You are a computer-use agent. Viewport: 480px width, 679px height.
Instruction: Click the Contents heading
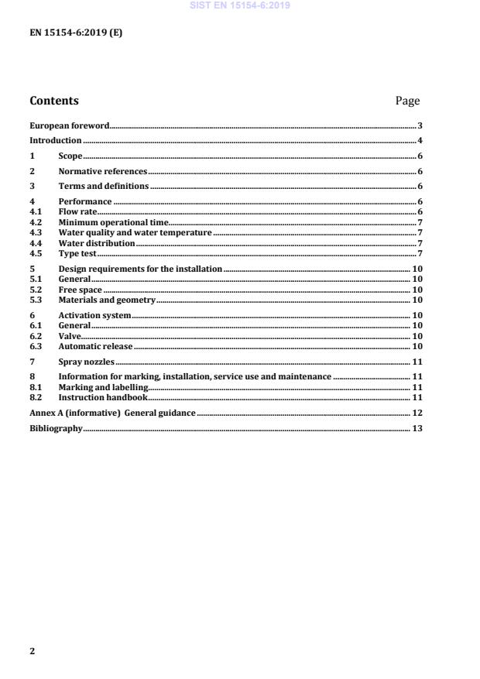coord(54,101)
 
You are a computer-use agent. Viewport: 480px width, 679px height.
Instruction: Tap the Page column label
coord(407,101)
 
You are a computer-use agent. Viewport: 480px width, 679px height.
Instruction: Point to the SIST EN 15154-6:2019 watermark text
coord(240,6)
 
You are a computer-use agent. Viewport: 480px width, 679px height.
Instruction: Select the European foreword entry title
coord(69,125)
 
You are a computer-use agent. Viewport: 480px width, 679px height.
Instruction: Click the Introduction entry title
coord(55,140)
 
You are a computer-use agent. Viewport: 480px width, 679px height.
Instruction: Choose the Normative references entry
coord(102,170)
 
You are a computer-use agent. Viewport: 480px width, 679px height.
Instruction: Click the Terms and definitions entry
coord(103,186)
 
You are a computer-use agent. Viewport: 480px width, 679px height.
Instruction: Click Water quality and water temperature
coord(135,232)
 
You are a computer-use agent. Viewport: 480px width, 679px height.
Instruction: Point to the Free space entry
coord(80,290)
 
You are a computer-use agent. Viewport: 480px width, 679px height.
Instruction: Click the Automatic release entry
coord(95,346)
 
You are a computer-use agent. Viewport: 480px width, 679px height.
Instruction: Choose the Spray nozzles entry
coord(87,362)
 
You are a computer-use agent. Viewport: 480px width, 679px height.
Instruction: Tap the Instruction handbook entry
coord(103,397)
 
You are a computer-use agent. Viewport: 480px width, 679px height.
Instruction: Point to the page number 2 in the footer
coord(33,651)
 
